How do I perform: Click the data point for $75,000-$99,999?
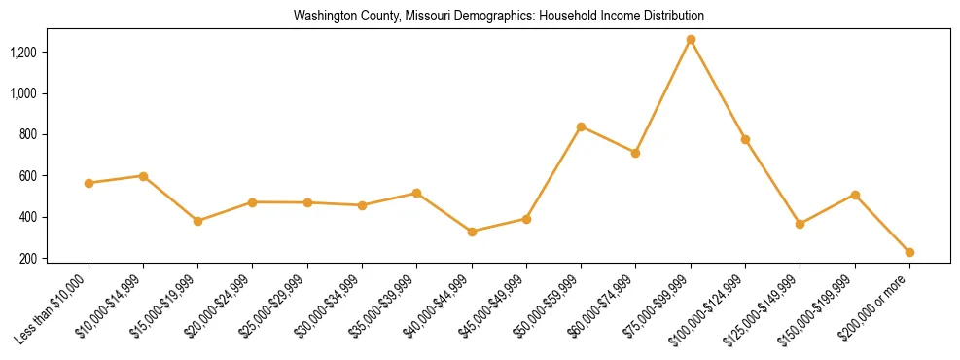pyautogui.click(x=691, y=40)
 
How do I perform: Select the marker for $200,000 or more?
pyautogui.click(x=909, y=252)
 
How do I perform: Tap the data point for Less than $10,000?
pyautogui.click(x=89, y=183)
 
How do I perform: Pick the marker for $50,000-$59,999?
pyautogui.click(x=581, y=126)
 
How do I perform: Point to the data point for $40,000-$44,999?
pyautogui.click(x=472, y=232)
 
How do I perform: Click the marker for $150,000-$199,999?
pyautogui.click(x=855, y=195)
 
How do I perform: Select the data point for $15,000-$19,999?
pyautogui.click(x=198, y=221)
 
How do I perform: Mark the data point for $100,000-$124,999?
pyautogui.click(x=745, y=139)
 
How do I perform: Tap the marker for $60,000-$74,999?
pyautogui.click(x=635, y=153)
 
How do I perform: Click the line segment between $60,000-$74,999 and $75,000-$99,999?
pyautogui.click(x=662, y=96)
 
